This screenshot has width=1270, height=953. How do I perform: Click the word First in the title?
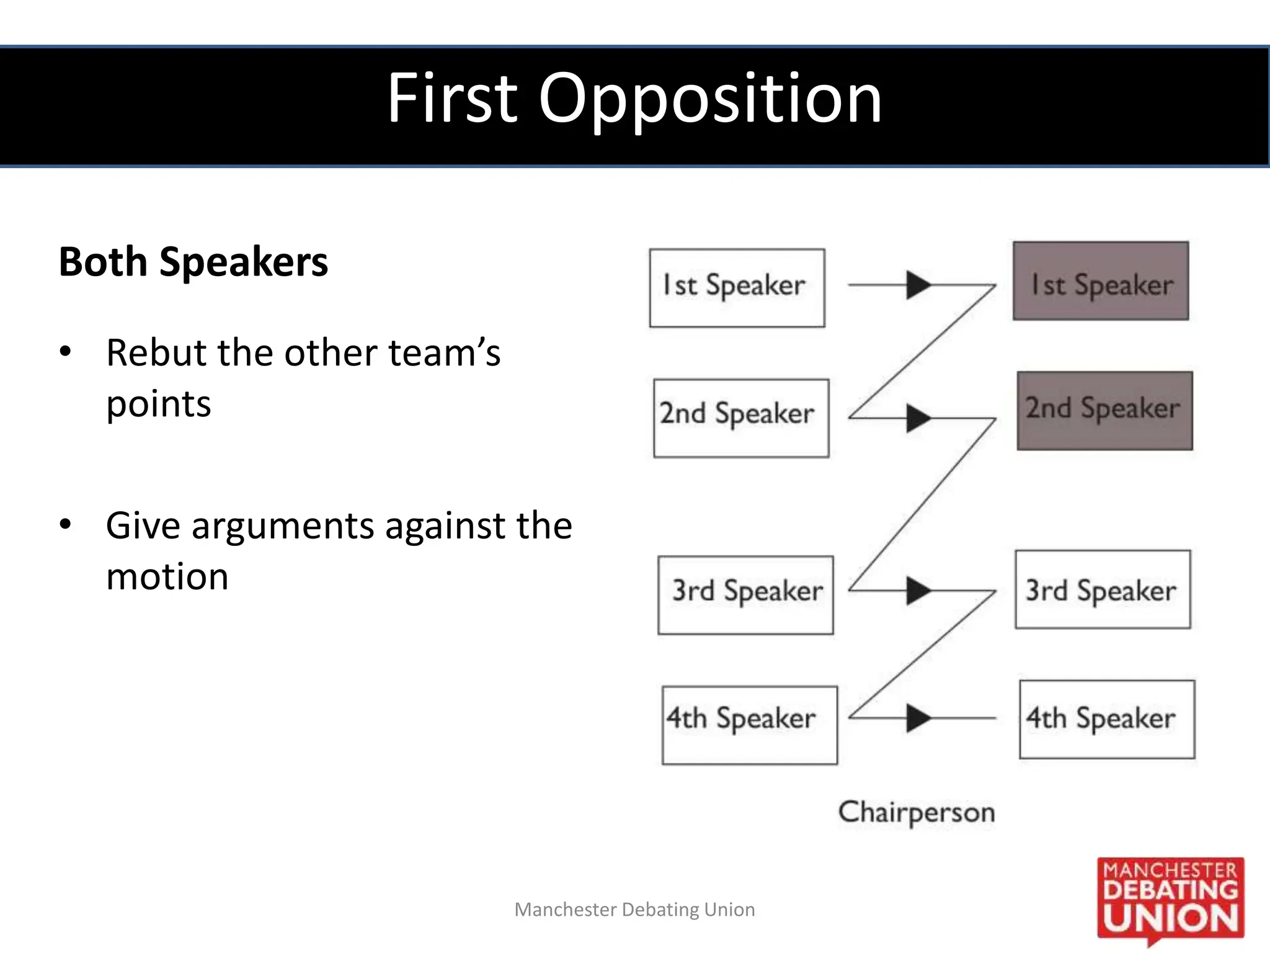pos(453,98)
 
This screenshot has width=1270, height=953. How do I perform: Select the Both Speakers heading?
pos(193,262)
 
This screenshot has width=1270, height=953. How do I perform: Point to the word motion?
pos(167,577)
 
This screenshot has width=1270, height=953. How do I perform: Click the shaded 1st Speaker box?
pos(1101,282)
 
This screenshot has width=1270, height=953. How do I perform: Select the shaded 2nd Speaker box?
pos(1104,411)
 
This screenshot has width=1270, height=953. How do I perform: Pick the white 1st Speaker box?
pos(737,288)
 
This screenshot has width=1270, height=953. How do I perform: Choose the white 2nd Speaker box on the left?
pos(741,418)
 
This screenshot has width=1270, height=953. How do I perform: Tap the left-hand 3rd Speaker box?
pos(745,595)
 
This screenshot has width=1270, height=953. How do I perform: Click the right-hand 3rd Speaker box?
pos(1103,589)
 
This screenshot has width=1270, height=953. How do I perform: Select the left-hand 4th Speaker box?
pos(749,725)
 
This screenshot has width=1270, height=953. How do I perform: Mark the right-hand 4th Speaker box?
pos(1107,719)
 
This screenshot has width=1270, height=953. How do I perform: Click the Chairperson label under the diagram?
pos(917,812)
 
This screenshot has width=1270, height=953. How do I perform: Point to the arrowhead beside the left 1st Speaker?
pos(918,285)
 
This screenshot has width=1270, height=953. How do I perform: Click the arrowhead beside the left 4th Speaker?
pos(918,718)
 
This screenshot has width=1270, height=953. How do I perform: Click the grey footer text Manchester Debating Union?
pos(634,910)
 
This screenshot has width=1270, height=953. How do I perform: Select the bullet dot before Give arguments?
pos(66,525)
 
